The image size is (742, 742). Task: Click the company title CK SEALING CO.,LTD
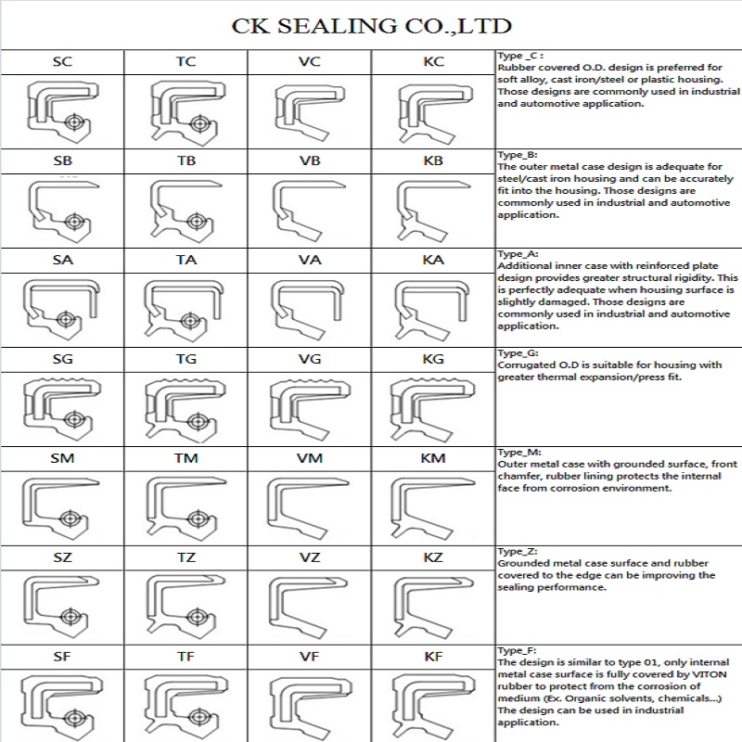(372, 26)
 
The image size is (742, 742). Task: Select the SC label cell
(62, 61)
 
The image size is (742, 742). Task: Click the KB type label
(433, 160)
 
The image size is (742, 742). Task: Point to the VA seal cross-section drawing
(307, 310)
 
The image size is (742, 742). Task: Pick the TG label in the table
(186, 359)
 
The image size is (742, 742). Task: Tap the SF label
(62, 657)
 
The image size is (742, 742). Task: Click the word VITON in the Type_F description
(709, 674)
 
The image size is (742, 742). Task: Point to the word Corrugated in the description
(519, 365)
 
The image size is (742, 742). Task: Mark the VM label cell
(310, 458)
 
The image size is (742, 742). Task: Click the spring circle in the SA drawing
(65, 319)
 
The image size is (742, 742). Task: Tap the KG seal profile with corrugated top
(432, 409)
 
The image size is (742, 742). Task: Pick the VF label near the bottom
(310, 657)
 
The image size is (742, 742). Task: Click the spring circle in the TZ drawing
(196, 617)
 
